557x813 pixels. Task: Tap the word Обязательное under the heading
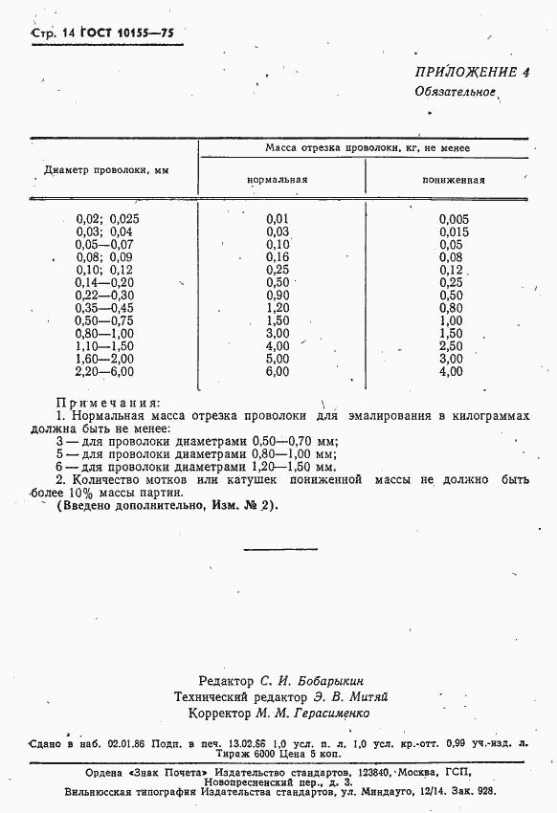(x=455, y=93)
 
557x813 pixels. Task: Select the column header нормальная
(x=277, y=179)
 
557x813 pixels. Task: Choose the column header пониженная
(x=452, y=179)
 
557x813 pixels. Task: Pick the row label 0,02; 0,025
(x=107, y=219)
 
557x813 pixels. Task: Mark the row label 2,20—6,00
(x=106, y=371)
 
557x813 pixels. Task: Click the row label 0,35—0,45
(x=106, y=308)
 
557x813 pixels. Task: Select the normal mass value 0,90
(x=278, y=296)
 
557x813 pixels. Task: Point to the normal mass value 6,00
(x=278, y=371)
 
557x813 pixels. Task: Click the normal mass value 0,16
(x=278, y=257)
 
